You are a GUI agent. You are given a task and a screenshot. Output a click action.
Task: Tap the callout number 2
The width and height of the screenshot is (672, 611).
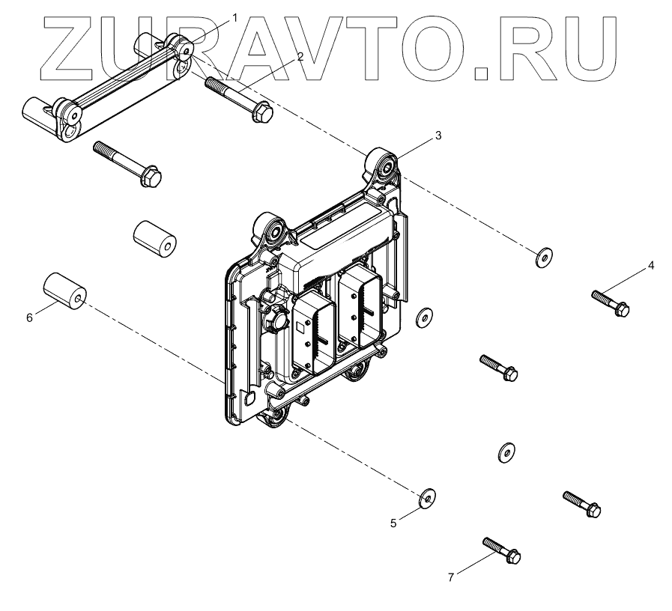coord(300,57)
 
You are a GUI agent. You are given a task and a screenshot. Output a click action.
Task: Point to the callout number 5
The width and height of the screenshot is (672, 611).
coord(393,523)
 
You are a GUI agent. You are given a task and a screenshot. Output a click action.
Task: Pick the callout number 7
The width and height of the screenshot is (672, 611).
coord(451,577)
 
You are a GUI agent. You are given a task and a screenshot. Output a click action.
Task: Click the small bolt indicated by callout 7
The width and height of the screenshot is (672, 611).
coord(502,550)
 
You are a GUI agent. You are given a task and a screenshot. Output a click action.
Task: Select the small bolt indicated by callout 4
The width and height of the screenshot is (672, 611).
coord(611,303)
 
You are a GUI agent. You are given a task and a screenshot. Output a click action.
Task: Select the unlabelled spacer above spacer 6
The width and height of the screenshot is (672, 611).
coord(154,240)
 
